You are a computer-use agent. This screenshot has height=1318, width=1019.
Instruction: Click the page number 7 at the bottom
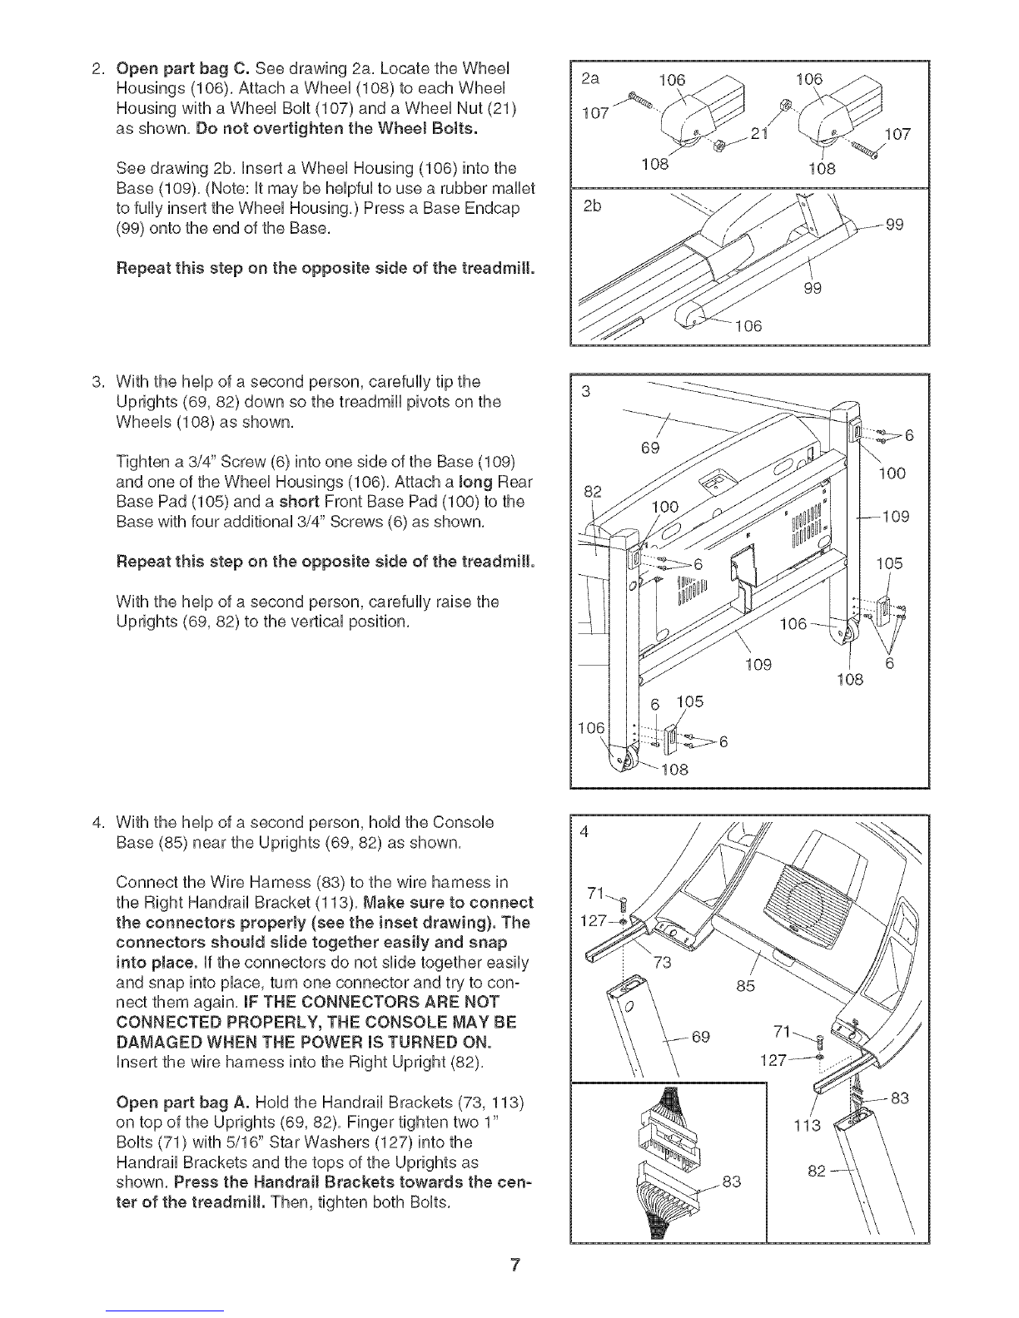[x=515, y=1265]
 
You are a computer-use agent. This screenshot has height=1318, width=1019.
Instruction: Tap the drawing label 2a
[x=590, y=78]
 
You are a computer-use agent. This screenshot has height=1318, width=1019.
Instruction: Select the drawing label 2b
[x=592, y=206]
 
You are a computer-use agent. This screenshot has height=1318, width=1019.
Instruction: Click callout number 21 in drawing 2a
[x=759, y=134]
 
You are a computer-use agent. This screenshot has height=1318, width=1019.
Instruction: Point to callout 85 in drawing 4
[x=745, y=986]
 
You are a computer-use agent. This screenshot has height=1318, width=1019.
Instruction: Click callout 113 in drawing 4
[x=808, y=1126]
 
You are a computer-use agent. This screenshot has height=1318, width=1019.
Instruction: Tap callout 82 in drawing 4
[x=817, y=1171]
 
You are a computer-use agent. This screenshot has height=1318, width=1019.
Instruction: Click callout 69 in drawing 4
[x=701, y=1037]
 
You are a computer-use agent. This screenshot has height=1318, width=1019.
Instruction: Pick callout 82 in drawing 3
[x=593, y=491]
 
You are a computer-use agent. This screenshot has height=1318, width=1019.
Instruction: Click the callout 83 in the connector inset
[x=732, y=1182]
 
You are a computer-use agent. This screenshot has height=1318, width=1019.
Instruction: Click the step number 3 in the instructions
[x=96, y=382]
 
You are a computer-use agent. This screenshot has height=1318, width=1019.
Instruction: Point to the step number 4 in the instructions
[x=96, y=822]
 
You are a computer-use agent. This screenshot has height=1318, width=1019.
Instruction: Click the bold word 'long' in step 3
[x=475, y=483]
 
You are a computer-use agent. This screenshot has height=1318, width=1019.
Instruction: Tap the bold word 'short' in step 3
[x=299, y=503]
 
